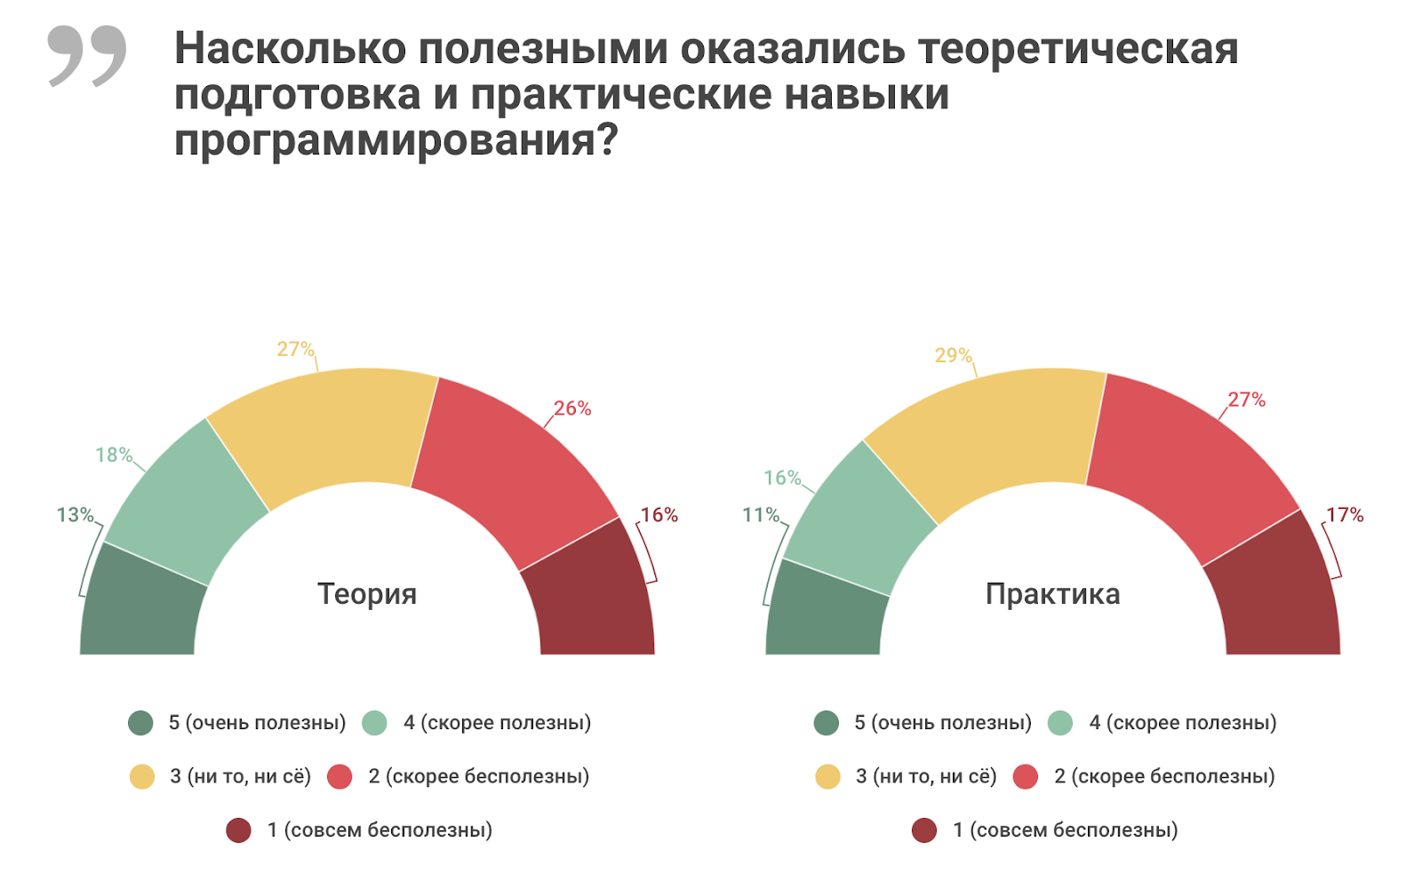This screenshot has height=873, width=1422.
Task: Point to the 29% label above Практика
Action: tap(953, 355)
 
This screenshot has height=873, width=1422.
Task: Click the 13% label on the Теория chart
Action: tap(75, 515)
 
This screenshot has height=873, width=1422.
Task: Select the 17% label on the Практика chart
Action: tap(1344, 515)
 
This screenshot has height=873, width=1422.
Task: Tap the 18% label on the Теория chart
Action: tap(114, 455)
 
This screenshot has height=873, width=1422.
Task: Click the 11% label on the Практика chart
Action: tap(761, 515)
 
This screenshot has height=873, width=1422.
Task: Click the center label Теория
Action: tap(367, 593)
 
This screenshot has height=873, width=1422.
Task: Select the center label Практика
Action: tap(1052, 593)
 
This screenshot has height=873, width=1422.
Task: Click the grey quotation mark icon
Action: tap(87, 55)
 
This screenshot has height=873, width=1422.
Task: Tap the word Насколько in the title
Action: tap(290, 48)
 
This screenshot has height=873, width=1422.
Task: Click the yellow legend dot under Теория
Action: tap(142, 777)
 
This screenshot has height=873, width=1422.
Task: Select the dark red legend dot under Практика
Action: tap(924, 830)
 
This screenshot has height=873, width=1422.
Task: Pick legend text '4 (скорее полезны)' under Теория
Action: tap(497, 723)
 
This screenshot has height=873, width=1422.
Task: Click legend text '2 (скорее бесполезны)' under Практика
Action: tap(1164, 776)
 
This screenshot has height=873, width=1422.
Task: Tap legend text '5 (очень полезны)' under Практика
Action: tap(942, 723)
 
